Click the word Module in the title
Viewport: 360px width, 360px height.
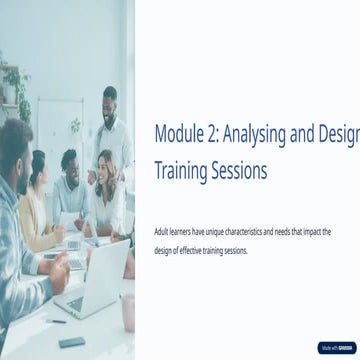coord(178,134)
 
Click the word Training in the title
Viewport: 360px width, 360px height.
coord(180,171)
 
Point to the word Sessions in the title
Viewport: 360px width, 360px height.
coord(239,171)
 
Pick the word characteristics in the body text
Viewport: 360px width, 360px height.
coord(266,231)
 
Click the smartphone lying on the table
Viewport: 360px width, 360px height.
coord(72,341)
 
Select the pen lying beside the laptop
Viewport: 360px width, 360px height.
coord(56,321)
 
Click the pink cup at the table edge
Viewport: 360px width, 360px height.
coord(128,311)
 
